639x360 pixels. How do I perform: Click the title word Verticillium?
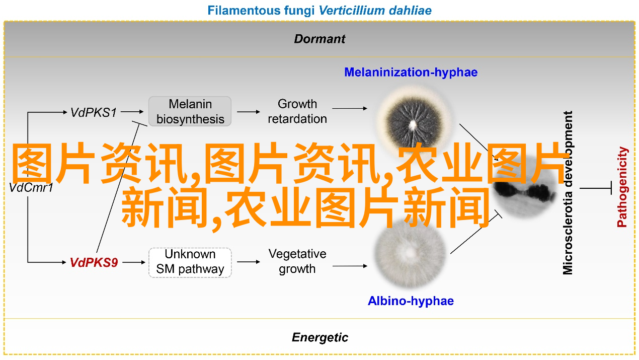point(352,11)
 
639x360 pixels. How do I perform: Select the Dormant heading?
point(319,39)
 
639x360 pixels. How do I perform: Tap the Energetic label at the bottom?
point(320,337)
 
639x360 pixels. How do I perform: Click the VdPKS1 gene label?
point(94,112)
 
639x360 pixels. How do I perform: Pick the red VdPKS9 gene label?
point(94,263)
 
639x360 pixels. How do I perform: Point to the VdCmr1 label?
point(31,188)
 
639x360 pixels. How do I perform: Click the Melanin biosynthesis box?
point(190,111)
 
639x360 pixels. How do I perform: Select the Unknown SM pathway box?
point(190,262)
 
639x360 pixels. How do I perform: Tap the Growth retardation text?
point(297,111)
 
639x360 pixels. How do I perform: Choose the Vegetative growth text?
point(297,261)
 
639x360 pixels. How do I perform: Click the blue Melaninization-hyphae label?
point(411,72)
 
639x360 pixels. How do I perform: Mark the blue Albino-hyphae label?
point(411,301)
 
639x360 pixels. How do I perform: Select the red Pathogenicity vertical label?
point(622,187)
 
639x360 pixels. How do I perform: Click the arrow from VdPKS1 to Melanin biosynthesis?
point(132,112)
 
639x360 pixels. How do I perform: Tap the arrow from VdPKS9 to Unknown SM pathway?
point(134,262)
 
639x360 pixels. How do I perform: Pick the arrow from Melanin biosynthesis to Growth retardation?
point(249,112)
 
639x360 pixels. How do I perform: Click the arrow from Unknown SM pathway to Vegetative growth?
point(249,262)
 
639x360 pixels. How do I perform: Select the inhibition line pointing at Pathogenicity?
point(596,188)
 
